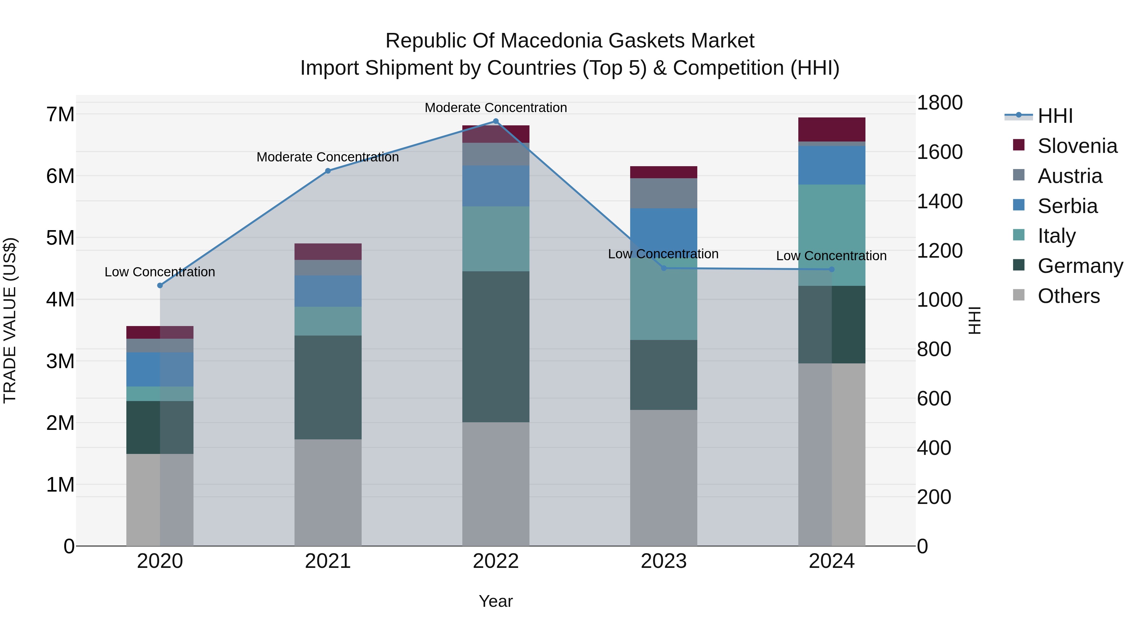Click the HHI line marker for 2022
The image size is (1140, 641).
pyautogui.click(x=496, y=121)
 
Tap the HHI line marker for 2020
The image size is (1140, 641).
pyautogui.click(x=160, y=285)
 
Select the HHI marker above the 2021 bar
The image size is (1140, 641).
pyautogui.click(x=328, y=171)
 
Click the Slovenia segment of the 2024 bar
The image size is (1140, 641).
pyautogui.click(x=832, y=129)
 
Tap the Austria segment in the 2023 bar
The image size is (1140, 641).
pyautogui.click(x=663, y=193)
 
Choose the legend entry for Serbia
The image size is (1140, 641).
pyautogui.click(x=1067, y=206)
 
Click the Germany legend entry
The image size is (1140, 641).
pyautogui.click(x=1080, y=266)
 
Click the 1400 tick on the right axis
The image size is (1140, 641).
pyautogui.click(x=939, y=202)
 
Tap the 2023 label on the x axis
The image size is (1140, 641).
pyautogui.click(x=663, y=561)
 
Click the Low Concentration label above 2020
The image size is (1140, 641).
pyautogui.click(x=160, y=272)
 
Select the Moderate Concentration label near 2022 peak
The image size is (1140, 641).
pyautogui.click(x=496, y=108)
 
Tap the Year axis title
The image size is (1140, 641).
pyautogui.click(x=496, y=601)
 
